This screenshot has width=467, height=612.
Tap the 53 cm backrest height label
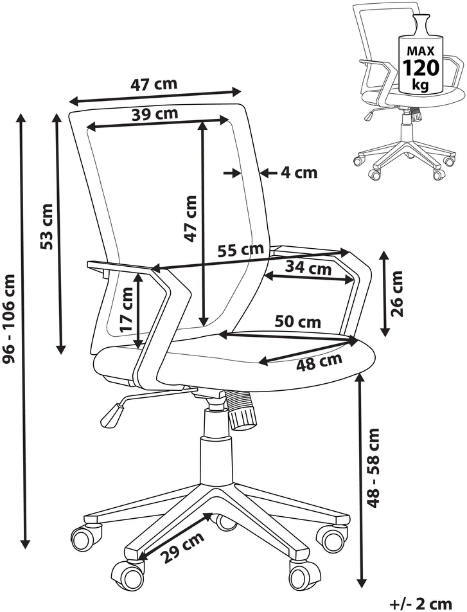tap(46, 227)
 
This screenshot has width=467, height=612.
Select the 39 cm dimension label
tap(155, 114)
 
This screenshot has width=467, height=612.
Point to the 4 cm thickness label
tap(299, 172)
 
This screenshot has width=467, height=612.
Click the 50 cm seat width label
tap(297, 321)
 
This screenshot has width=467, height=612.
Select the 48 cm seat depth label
tap(319, 362)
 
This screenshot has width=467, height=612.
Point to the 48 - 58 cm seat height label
tap(373, 468)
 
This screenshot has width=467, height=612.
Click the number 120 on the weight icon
tap(421, 67)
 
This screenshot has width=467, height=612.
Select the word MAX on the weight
tap(421, 50)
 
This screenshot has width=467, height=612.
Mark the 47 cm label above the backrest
tap(154, 84)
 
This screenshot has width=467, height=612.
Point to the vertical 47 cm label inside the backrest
tap(191, 219)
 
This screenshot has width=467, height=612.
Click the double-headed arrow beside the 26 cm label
tap(385, 294)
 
